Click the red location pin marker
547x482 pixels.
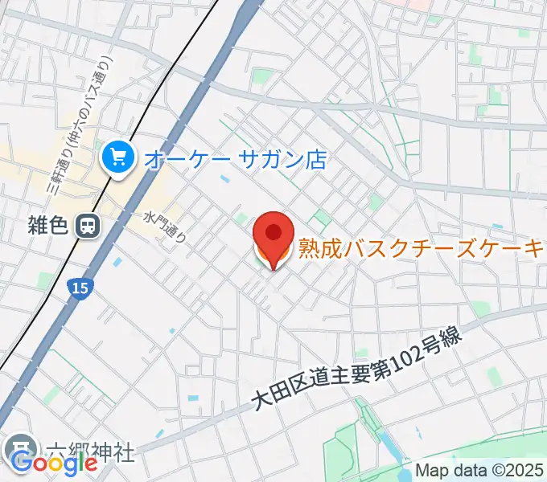point(273,237)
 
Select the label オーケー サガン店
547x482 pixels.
point(233,158)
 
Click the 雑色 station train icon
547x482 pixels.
point(86,227)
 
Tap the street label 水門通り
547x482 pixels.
point(166,227)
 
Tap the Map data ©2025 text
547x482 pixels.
point(479,472)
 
